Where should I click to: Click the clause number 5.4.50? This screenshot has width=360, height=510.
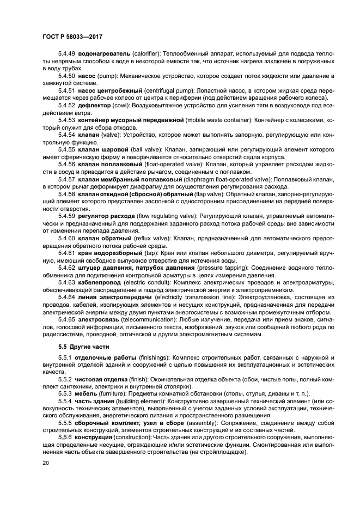68,75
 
